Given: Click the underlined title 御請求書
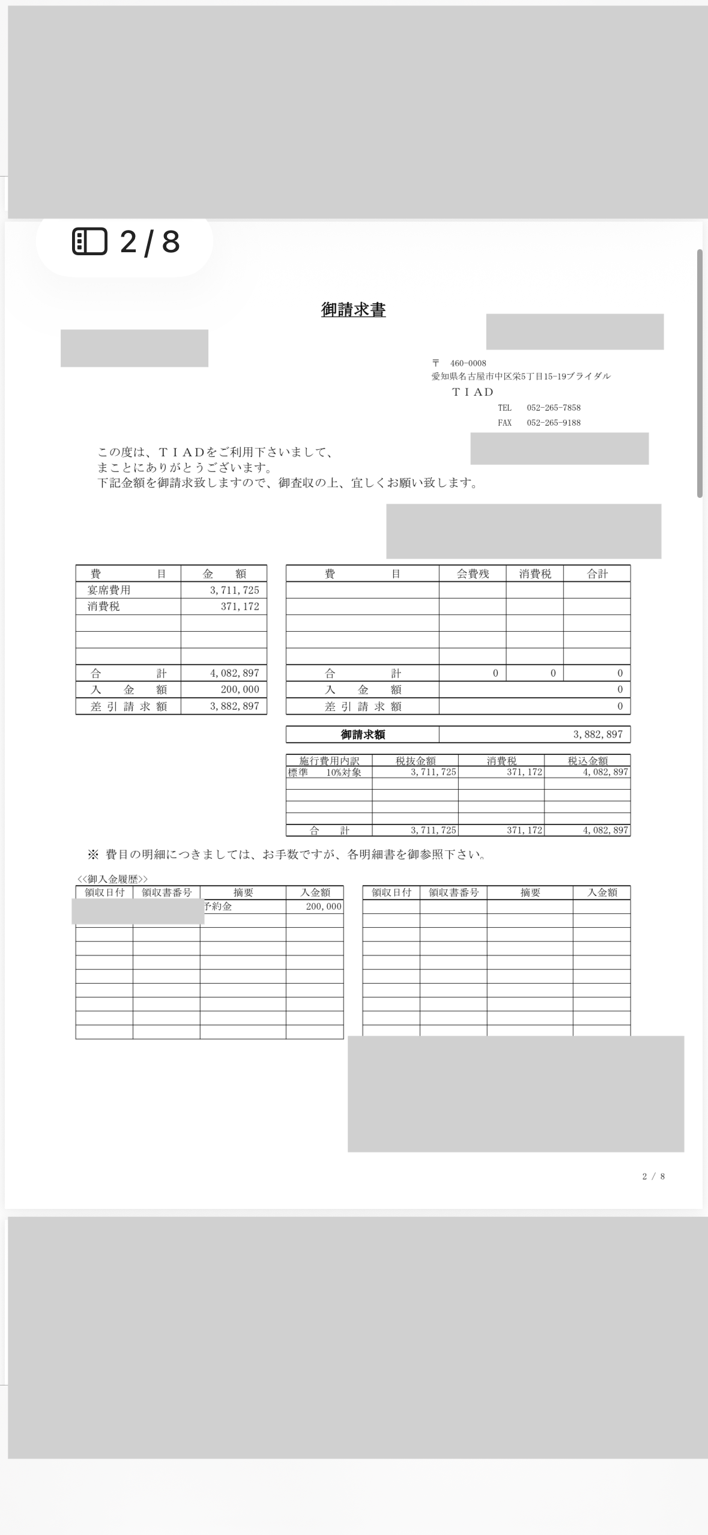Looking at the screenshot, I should (353, 310).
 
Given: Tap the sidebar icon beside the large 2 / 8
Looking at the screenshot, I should (89, 241).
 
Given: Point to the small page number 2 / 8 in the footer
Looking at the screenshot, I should (653, 1176).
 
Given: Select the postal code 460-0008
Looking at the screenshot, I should (468, 363).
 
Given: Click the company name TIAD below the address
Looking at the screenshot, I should (473, 392).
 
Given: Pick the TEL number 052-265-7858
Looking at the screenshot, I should (553, 408).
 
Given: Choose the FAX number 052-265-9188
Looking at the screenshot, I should (553, 423).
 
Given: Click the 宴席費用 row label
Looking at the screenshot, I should (109, 590).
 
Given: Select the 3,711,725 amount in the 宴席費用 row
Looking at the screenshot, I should (234, 590).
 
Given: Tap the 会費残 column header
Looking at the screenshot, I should (473, 574).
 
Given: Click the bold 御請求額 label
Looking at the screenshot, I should (363, 734).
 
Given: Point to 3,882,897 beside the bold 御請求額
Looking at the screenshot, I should (598, 734).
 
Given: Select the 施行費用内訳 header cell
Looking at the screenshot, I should (329, 761).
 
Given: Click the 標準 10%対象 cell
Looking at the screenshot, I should (325, 772).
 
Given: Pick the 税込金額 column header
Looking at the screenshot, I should (587, 761).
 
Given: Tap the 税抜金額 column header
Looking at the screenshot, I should (415, 761).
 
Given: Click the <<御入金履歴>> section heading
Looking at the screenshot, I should (112, 879).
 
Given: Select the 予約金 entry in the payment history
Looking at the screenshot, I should (218, 907).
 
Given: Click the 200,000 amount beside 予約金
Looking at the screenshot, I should (323, 907).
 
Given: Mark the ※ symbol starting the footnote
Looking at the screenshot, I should (92, 855).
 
